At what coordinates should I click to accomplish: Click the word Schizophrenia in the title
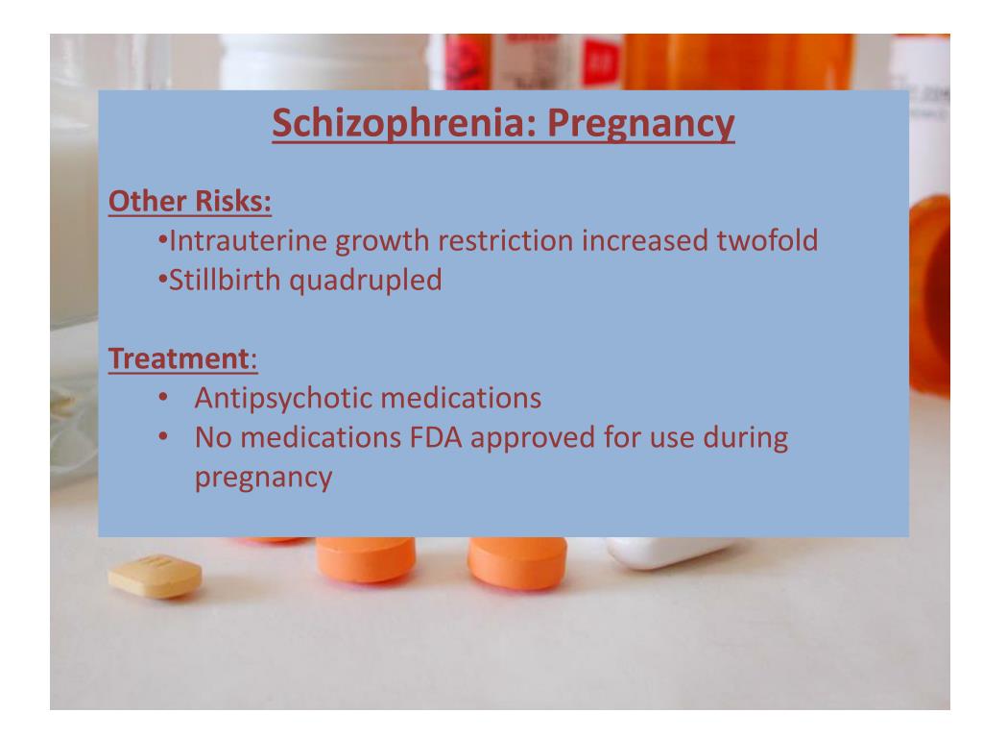tap(384, 125)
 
